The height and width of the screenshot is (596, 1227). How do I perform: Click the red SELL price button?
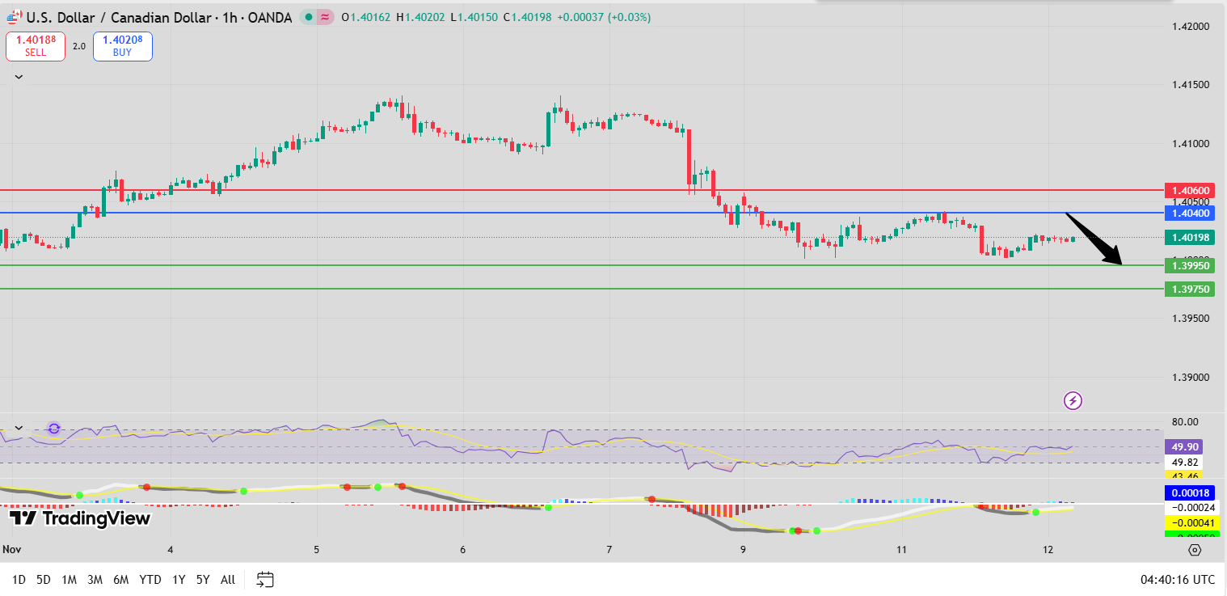(35, 46)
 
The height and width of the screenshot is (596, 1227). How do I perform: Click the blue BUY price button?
(122, 46)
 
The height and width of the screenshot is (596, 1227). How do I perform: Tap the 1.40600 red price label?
(1188, 190)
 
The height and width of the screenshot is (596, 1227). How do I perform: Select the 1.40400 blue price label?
(1188, 213)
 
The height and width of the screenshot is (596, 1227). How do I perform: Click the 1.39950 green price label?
(1188, 265)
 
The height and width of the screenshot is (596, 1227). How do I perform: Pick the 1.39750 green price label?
(1188, 289)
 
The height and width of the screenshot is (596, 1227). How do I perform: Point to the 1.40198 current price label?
(1188, 237)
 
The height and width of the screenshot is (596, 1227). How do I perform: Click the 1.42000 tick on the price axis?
(1191, 27)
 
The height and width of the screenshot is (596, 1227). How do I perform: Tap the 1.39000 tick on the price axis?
(1191, 378)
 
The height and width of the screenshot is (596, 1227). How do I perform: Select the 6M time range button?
(121, 579)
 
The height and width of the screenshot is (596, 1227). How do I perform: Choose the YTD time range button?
(150, 579)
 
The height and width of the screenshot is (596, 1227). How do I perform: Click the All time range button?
(228, 579)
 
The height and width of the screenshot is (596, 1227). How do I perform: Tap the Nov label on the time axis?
(11, 549)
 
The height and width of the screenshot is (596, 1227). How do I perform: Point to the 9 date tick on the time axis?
(743, 549)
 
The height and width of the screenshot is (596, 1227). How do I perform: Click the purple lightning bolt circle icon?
(1073, 400)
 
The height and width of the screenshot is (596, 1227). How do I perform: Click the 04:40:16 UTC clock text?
(1177, 579)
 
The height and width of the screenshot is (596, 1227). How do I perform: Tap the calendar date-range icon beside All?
(265, 579)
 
